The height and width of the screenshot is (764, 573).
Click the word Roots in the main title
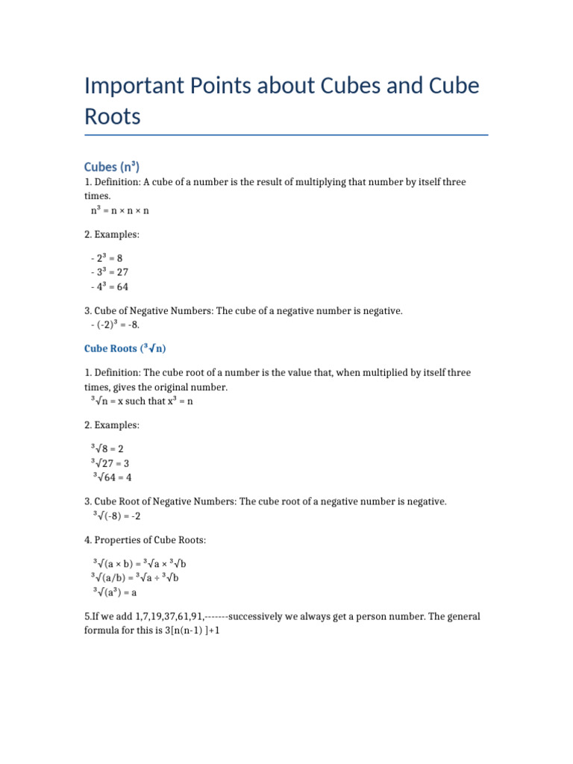point(113,116)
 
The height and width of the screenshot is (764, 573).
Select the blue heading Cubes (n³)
point(112,166)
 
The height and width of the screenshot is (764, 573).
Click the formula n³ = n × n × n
point(120,210)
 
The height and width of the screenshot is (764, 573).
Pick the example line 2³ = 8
point(107,257)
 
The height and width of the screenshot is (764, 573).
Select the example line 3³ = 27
point(110,272)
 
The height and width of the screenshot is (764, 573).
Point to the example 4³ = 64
point(110,286)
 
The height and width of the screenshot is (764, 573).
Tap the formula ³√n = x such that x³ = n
point(142,401)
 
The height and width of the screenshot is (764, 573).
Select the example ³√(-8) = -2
point(116,516)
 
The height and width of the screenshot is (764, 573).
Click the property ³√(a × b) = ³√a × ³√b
point(144,563)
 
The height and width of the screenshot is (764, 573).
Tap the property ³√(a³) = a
point(115,592)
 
